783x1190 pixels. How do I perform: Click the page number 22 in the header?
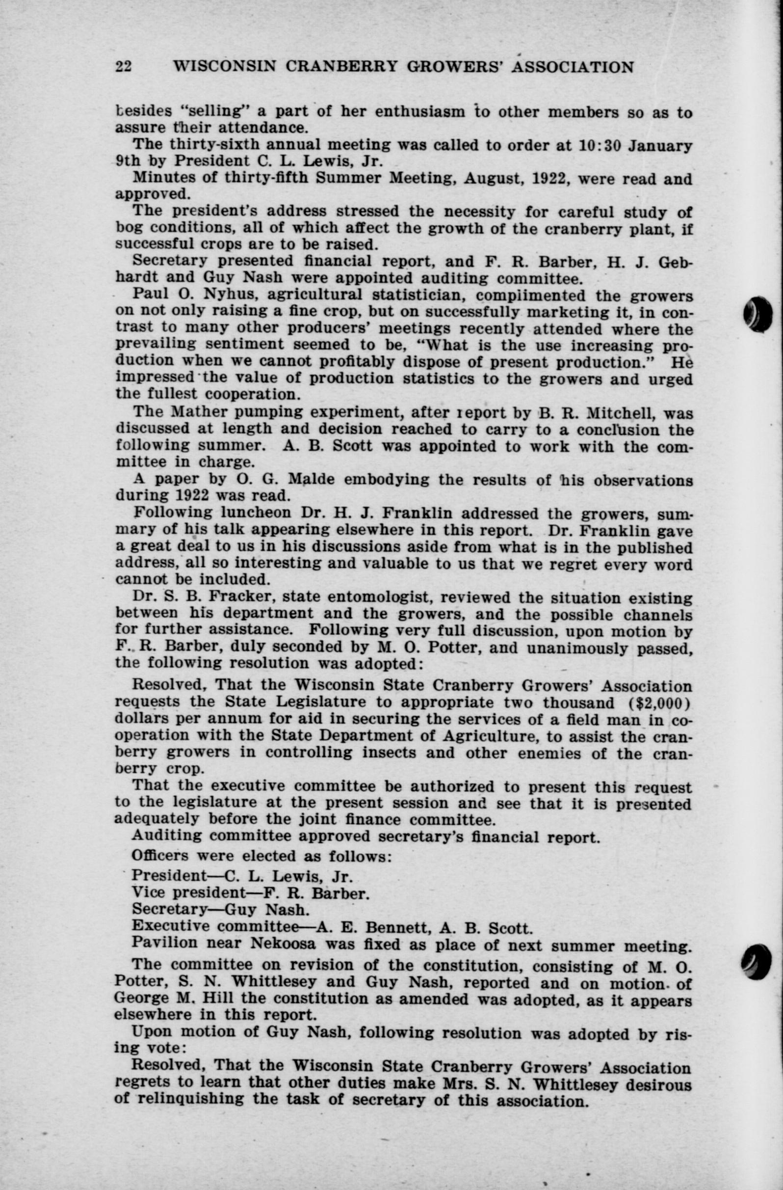(x=123, y=66)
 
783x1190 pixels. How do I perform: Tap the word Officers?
(x=160, y=856)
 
